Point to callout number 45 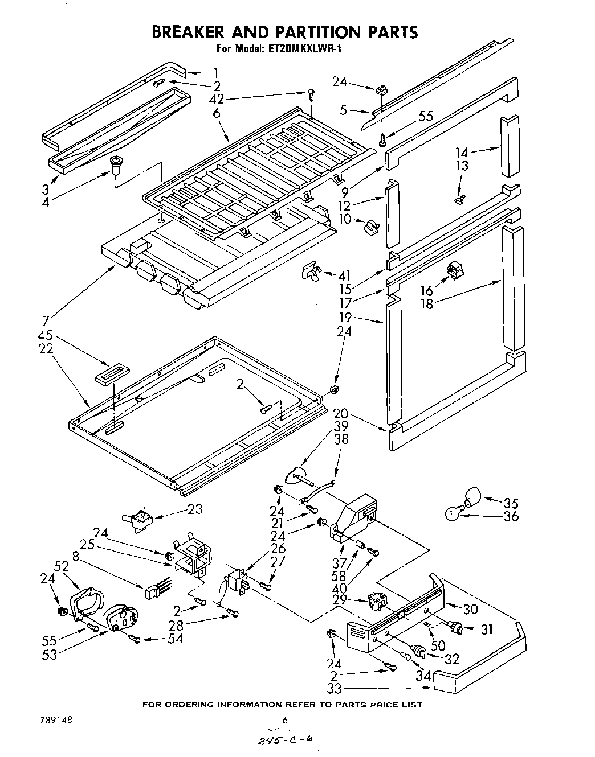click(46, 336)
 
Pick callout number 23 click(194, 509)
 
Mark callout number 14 click(462, 152)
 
